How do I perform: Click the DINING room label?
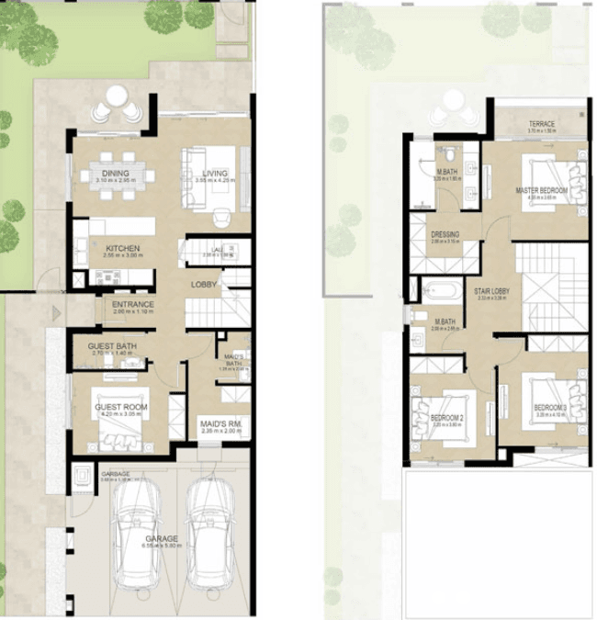[116, 174]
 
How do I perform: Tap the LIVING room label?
[215, 174]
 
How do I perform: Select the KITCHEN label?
[122, 248]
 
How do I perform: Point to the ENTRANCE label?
[133, 304]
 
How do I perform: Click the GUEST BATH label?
[112, 346]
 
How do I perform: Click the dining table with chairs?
[116, 175]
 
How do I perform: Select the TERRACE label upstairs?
[541, 125]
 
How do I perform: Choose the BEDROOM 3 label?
[551, 408]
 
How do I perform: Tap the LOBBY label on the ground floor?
[204, 284]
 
